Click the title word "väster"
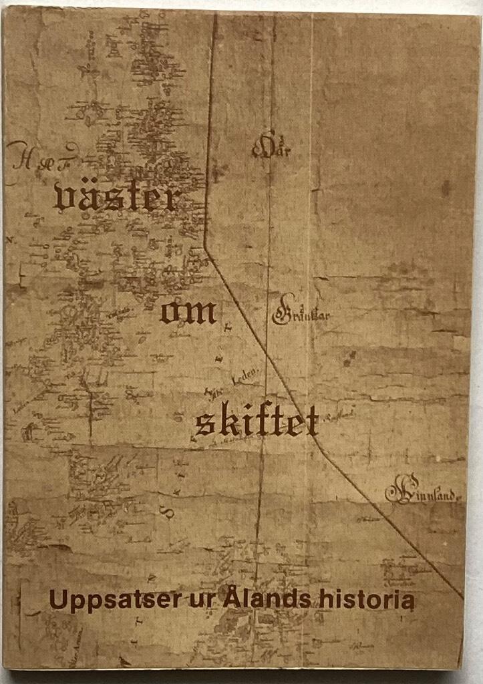pos(117,196)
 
